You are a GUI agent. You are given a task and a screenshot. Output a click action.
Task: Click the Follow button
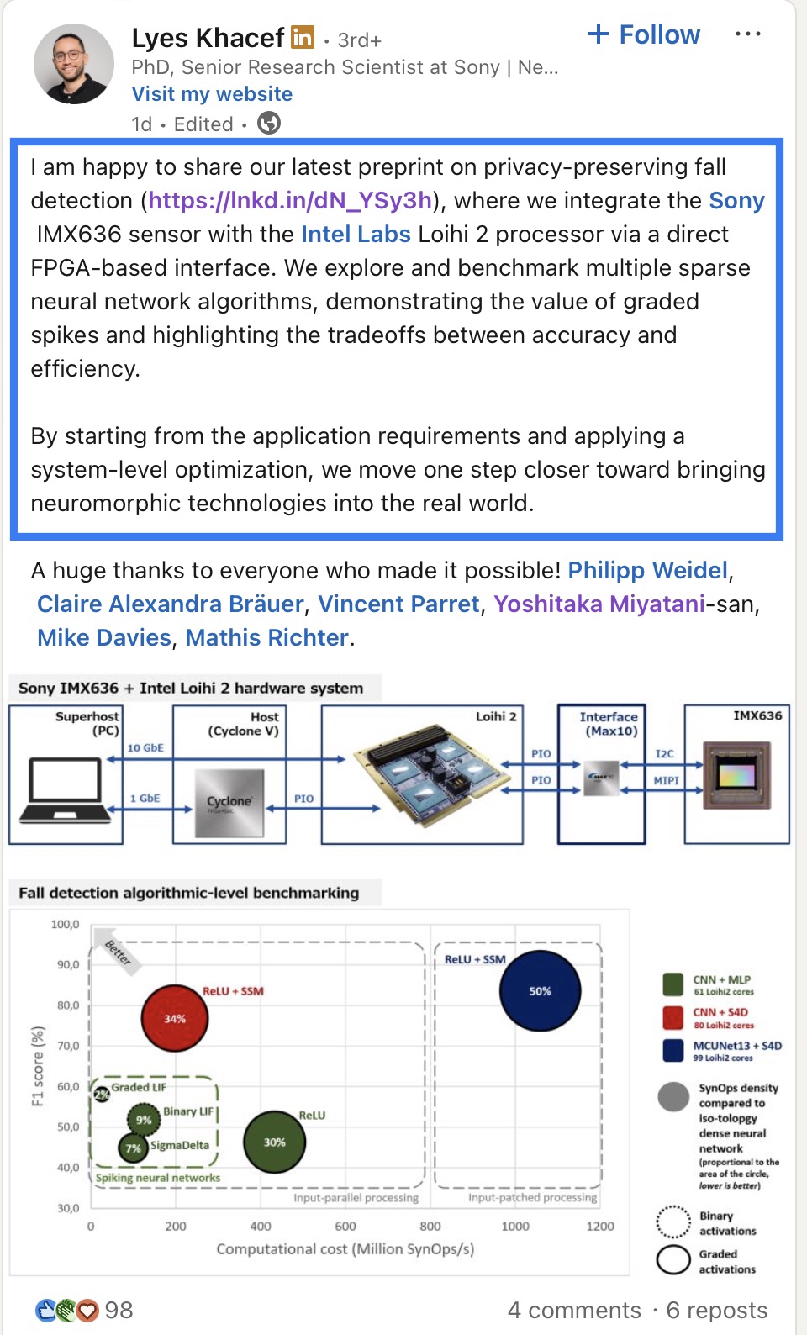[x=645, y=34]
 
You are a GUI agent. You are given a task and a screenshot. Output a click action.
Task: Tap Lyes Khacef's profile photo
[x=74, y=64]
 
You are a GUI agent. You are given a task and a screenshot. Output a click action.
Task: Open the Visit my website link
[x=212, y=94]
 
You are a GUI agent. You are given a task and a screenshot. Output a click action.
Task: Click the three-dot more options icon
[x=747, y=34]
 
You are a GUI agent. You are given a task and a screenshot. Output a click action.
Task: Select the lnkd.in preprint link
[x=290, y=201]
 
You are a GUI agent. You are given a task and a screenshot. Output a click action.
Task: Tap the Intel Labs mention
[x=356, y=235]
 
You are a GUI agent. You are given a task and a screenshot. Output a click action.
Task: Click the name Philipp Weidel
[x=647, y=571]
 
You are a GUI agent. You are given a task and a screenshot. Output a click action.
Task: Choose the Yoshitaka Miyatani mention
[x=599, y=604]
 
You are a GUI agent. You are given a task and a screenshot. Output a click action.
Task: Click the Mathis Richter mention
[x=266, y=638]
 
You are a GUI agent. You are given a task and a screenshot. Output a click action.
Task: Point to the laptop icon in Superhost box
[x=65, y=789]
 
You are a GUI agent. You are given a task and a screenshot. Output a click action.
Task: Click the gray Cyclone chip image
[x=229, y=803]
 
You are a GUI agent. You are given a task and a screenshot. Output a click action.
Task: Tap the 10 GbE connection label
[x=145, y=747]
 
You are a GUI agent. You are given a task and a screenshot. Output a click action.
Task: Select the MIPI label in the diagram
[x=666, y=781]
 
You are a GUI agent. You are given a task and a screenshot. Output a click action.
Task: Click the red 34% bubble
[x=175, y=1018]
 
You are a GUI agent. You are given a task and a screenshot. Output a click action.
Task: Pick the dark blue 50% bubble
[x=540, y=991]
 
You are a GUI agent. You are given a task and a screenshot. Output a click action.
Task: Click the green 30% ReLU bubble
[x=274, y=1142]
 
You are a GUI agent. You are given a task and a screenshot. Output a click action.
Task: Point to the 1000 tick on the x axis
[x=515, y=1227]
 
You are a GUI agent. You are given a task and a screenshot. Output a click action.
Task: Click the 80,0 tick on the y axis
[x=68, y=1005]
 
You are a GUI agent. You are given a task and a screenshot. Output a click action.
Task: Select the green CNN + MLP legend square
[x=673, y=984]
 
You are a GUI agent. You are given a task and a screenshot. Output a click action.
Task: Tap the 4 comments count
[x=573, y=1310]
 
